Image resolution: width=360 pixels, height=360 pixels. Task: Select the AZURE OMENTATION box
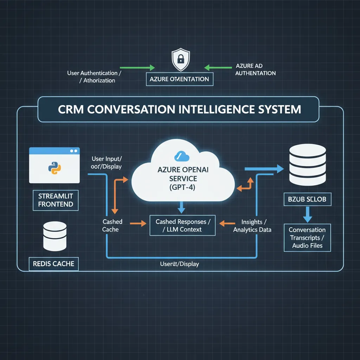pyautogui.click(x=179, y=79)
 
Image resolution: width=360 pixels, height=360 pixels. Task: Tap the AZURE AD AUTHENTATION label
pyautogui.click(x=255, y=70)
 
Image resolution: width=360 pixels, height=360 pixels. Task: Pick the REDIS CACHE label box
pyautogui.click(x=53, y=263)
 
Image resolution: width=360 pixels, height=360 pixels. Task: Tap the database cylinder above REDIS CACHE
pyautogui.click(x=54, y=235)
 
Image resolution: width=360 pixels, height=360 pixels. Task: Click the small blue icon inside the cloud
pyautogui.click(x=180, y=157)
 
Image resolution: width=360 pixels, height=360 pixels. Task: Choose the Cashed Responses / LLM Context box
pyautogui.click(x=182, y=226)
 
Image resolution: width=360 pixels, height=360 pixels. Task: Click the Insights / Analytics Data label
pyautogui.click(x=252, y=226)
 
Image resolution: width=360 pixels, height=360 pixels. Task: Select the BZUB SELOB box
pyautogui.click(x=307, y=199)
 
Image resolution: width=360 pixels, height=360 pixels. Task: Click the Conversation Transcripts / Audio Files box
pyautogui.click(x=307, y=238)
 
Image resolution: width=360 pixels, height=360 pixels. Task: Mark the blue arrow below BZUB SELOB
pyautogui.click(x=307, y=215)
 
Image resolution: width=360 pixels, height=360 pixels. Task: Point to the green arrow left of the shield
pyautogui.click(x=137, y=67)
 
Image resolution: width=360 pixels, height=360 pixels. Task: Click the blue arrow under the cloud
pyautogui.click(x=181, y=207)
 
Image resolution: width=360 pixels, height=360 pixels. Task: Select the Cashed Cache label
pyautogui.click(x=112, y=225)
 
